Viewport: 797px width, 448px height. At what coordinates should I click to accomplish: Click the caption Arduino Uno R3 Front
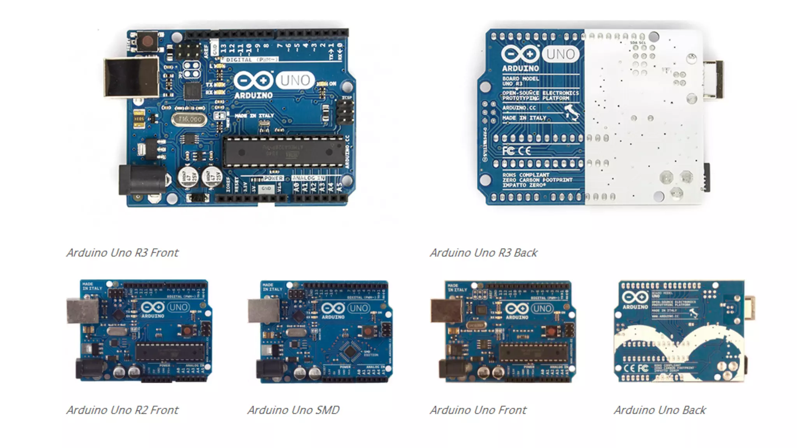[x=122, y=253]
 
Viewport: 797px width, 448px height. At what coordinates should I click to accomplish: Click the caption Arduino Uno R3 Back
[x=483, y=253]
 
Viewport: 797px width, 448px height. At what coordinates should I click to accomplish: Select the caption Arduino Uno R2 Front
[x=122, y=410]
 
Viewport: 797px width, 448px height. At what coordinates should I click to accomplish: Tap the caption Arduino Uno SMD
[x=293, y=410]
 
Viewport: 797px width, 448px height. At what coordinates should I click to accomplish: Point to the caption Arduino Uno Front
[x=478, y=410]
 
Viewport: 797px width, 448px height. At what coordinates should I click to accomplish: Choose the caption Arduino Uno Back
[x=660, y=410]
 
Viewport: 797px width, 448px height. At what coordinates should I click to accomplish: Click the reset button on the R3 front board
[x=147, y=41]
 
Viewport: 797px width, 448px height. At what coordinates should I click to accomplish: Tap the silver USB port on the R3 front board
[x=132, y=77]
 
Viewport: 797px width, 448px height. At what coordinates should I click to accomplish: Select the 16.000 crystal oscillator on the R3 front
[x=190, y=119]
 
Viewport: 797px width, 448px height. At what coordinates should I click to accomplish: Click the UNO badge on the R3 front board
[x=295, y=80]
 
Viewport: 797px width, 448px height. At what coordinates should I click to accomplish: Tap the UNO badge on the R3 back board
[x=560, y=54]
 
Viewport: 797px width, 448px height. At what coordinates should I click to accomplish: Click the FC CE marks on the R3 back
[x=516, y=150]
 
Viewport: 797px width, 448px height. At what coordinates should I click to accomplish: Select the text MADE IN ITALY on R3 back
[x=524, y=118]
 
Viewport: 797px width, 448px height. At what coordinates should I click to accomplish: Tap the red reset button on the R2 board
[x=187, y=331]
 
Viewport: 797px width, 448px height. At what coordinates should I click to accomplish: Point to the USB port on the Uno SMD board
[x=263, y=311]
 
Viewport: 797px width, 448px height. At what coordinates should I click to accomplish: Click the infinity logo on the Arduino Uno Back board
[x=635, y=297]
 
